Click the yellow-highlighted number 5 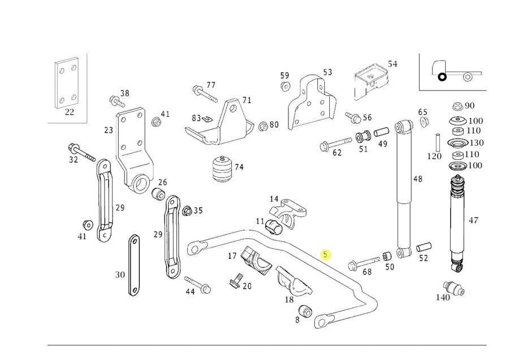click(325, 254)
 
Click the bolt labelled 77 click(205, 93)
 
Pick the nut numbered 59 click(285, 87)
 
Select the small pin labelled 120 click(438, 142)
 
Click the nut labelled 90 click(458, 106)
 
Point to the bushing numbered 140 click(454, 288)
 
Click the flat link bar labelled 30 click(133, 265)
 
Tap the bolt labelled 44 click(197, 284)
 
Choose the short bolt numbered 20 click(236, 280)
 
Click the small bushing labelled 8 click(305, 310)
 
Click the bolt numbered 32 click(81, 153)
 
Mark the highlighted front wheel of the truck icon click(442, 77)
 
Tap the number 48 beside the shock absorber click(417, 179)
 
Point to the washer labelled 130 click(458, 143)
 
